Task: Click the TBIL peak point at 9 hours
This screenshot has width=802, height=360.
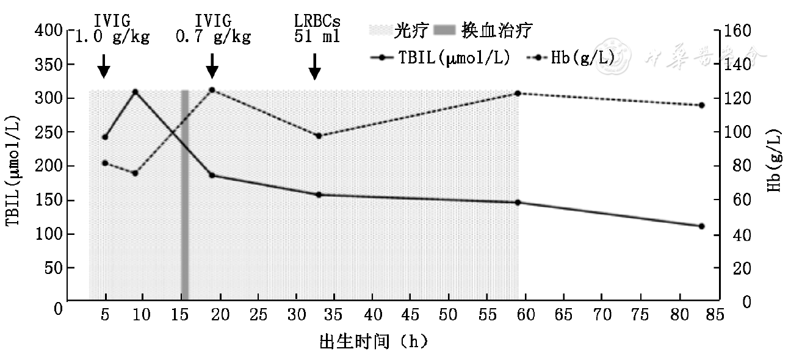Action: pyautogui.click(x=135, y=92)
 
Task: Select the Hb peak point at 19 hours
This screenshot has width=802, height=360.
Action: pyautogui.click(x=212, y=90)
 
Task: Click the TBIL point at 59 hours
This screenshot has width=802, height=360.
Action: pyautogui.click(x=518, y=203)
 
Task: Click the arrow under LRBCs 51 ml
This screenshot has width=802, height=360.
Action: pyautogui.click(x=314, y=67)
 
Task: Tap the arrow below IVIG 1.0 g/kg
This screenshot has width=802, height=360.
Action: pyautogui.click(x=104, y=66)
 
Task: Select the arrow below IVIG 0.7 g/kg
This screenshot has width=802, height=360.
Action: pyautogui.click(x=212, y=66)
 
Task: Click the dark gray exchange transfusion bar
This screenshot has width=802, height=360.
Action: pyautogui.click(x=184, y=195)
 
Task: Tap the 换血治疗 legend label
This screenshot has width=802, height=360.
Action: pyautogui.click(x=497, y=30)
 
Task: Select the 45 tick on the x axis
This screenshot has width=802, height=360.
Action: pyautogui.click(x=411, y=315)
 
